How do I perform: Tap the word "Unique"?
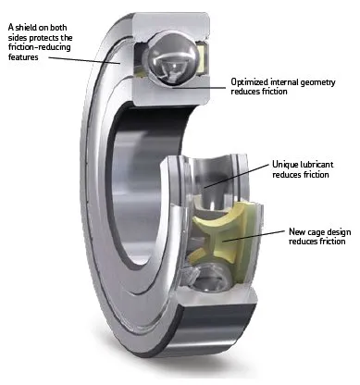click(283, 164)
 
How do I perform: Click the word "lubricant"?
click(319, 164)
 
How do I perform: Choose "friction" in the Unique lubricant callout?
click(310, 175)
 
